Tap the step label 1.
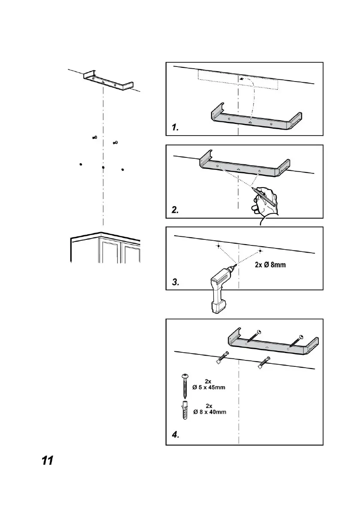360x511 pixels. (175, 127)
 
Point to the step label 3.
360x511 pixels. (175, 282)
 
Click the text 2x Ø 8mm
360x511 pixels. (270, 265)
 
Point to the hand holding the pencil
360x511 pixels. (266, 204)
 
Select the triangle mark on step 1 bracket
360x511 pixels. (250, 122)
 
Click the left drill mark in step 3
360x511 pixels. (218, 246)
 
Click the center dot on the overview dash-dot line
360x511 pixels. (103, 167)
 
